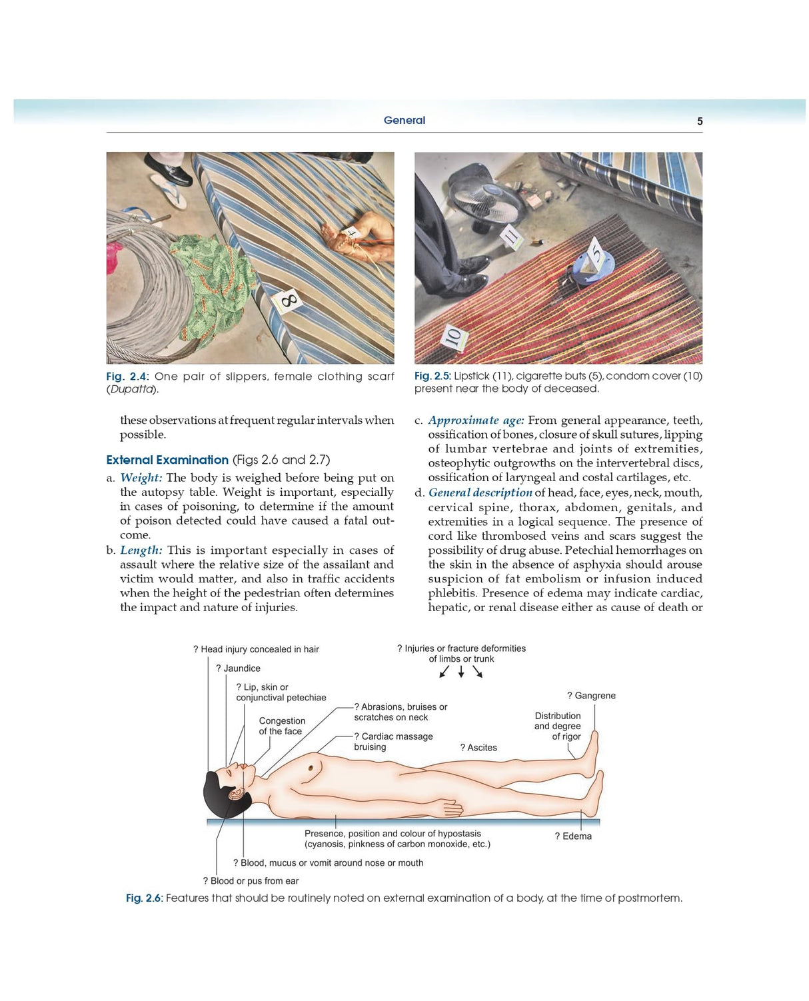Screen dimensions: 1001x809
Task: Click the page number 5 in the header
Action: coord(699,121)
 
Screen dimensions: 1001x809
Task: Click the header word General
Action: coord(404,121)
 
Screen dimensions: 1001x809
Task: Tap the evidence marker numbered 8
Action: coord(288,301)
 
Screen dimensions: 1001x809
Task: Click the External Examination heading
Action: coord(167,460)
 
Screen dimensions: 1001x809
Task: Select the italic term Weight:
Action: coord(141,478)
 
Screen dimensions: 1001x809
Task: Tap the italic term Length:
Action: coord(141,550)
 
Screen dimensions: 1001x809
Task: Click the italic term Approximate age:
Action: coord(476,421)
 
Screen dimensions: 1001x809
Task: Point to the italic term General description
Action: coord(480,493)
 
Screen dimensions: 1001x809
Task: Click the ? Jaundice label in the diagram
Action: coord(238,668)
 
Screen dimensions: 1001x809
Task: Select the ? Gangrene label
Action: coord(591,696)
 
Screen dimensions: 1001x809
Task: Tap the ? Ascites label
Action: coord(478,748)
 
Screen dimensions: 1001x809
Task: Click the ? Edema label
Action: coord(573,836)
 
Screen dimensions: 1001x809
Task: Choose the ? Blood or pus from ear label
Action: coord(251,881)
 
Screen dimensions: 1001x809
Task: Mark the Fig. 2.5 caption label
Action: coord(432,377)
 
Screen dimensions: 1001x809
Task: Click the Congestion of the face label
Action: coord(282,726)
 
